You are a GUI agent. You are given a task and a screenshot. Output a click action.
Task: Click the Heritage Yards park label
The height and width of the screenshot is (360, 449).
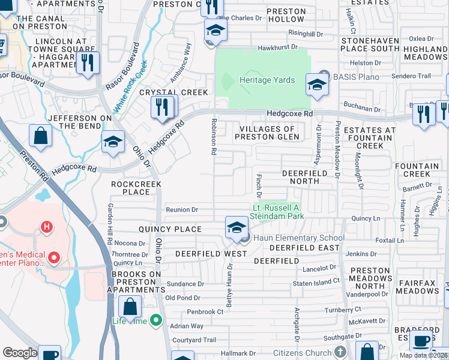267,80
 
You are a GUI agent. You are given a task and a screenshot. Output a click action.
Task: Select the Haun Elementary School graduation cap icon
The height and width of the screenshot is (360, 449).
237,227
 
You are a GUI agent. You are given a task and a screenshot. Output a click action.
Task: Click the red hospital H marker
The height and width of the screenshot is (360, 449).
46,227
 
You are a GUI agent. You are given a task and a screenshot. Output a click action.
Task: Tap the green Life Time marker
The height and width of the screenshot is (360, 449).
156,321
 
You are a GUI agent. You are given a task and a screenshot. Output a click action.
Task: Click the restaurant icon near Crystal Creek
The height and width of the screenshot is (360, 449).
163,107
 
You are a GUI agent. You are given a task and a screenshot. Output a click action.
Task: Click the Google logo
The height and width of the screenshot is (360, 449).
20,353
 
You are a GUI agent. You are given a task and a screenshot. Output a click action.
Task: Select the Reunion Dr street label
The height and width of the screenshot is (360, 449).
181,210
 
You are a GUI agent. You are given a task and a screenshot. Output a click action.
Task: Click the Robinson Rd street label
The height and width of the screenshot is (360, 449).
214,137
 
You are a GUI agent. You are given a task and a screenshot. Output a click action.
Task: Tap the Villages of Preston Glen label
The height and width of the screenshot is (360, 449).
267,133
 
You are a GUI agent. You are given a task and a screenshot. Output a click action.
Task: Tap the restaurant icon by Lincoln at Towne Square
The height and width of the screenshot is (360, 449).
88,62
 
